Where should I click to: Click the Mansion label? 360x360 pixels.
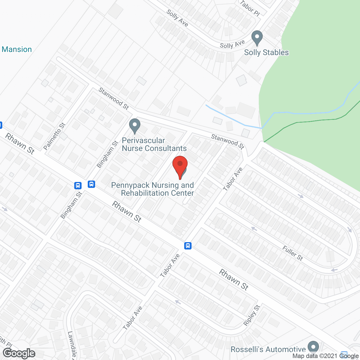(17, 49)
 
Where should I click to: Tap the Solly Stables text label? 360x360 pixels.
(266, 53)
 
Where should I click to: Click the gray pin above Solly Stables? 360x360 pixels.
(257, 38)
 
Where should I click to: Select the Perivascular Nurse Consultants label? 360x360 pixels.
(154, 145)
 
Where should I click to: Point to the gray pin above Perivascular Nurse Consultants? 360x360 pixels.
(135, 126)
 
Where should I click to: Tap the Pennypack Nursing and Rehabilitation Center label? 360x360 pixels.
(153, 189)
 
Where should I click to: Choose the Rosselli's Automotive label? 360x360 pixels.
(268, 349)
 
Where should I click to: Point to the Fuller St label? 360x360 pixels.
(292, 253)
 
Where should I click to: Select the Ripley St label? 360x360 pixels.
(252, 315)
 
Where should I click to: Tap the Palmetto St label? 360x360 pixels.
(55, 136)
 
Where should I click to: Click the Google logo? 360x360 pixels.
(19, 353)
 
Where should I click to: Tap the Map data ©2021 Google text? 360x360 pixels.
(326, 356)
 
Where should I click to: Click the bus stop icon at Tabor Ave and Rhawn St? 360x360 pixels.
(188, 246)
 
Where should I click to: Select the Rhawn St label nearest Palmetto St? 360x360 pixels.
(20, 144)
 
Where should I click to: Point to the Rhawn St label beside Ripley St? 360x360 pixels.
(234, 279)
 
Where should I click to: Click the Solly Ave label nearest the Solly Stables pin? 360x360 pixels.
(232, 44)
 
